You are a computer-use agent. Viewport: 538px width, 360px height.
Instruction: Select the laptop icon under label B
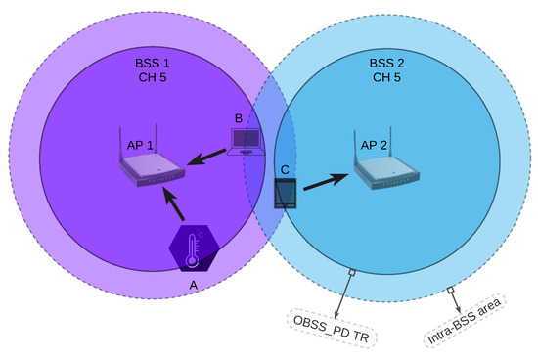pyautogui.click(x=247, y=143)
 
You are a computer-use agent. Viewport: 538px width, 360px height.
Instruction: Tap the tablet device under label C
pyautogui.click(x=285, y=192)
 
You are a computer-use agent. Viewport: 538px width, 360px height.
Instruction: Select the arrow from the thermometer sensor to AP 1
pyautogui.click(x=172, y=203)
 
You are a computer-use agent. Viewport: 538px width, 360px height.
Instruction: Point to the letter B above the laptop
pyautogui.click(x=238, y=118)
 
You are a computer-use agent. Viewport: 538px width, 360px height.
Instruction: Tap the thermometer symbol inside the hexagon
pyautogui.click(x=195, y=247)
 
